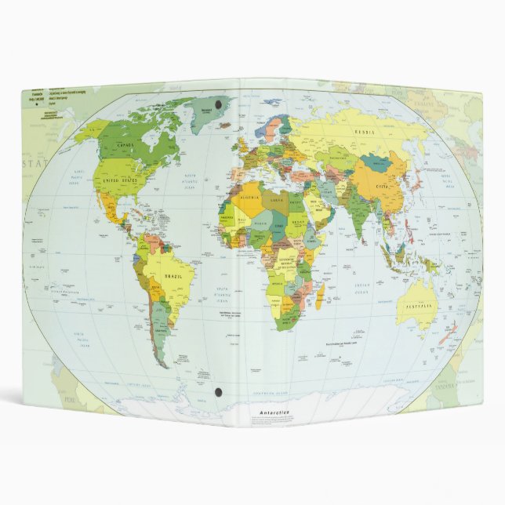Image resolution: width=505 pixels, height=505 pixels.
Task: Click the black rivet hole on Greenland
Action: pyautogui.click(x=217, y=103)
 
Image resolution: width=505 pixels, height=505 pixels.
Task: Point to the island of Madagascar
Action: pyautogui.click(x=320, y=296)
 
